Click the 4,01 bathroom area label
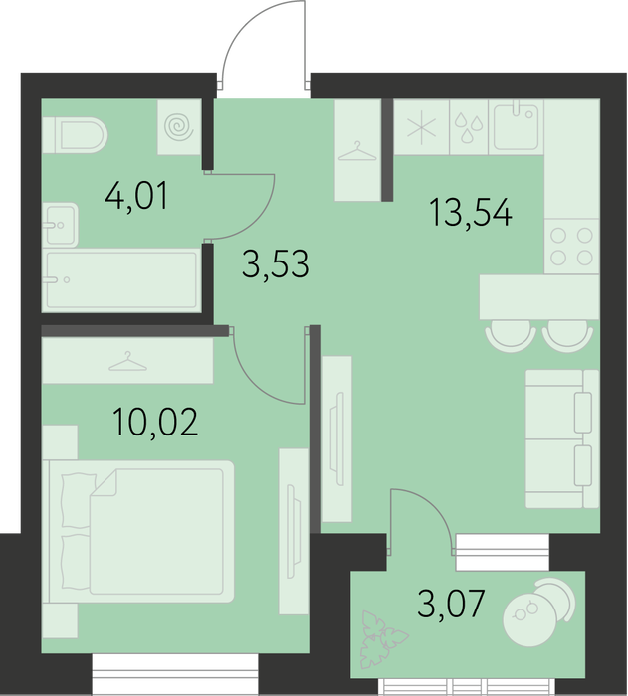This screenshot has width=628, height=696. pyautogui.click(x=136, y=196)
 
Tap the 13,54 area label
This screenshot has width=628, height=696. pyautogui.click(x=471, y=213)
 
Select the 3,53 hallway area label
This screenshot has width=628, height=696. pyautogui.click(x=275, y=263)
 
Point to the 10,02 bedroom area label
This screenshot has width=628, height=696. pyautogui.click(x=155, y=423)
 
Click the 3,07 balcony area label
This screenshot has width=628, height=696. pyautogui.click(x=450, y=603)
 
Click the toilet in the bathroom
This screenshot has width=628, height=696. pyautogui.click(x=75, y=135)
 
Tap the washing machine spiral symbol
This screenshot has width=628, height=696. pyautogui.click(x=179, y=127)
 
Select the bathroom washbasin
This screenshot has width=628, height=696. pyautogui.click(x=61, y=225)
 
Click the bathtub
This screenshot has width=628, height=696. pyautogui.click(x=120, y=279)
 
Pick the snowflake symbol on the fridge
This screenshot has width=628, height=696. pyautogui.click(x=422, y=128)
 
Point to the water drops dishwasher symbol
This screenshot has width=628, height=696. pyautogui.click(x=469, y=128)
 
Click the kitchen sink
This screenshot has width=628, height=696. pyautogui.click(x=517, y=127)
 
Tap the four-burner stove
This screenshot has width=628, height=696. pyautogui.click(x=572, y=247)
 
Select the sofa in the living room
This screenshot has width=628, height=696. pyautogui.click(x=562, y=438)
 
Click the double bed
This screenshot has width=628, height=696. pyautogui.click(x=141, y=531)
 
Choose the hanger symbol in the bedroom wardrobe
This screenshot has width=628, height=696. pyautogui.click(x=128, y=361)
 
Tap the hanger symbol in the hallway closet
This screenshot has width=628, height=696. pyautogui.click(x=357, y=151)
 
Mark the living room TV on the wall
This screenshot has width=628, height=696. pyautogui.click(x=337, y=438)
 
